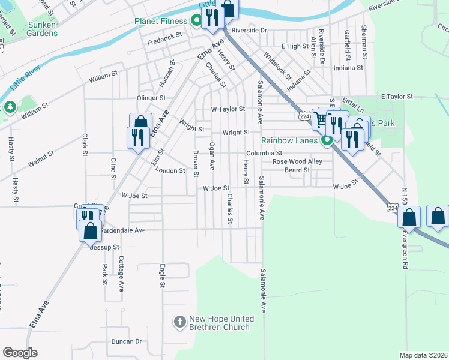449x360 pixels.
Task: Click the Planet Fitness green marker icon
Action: pyautogui.click(x=196, y=22)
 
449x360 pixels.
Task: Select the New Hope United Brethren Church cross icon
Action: pyautogui.click(x=179, y=323)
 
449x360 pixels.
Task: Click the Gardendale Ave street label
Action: pyautogui.click(x=124, y=230)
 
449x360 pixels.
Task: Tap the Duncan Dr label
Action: pyautogui.click(x=126, y=341)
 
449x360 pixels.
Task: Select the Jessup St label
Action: pyautogui.click(x=105, y=247)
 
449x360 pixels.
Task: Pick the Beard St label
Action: pyautogui.click(x=297, y=170)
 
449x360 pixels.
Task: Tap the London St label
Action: pyautogui.click(x=170, y=171)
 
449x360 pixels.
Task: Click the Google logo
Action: pyautogui.click(x=20, y=352)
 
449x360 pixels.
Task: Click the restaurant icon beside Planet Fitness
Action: pyautogui.click(x=211, y=19)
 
